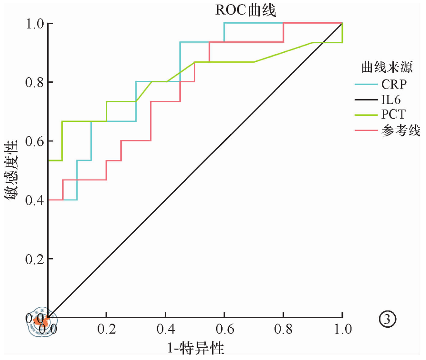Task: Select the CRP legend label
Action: (394, 84)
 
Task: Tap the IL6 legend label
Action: (391, 99)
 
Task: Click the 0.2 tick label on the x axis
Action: (106, 329)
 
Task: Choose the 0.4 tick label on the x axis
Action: (165, 329)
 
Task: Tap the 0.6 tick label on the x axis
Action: (224, 329)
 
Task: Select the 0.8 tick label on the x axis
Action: (283, 329)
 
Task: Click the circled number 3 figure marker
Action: (387, 320)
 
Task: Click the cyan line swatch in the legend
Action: (366, 84)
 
